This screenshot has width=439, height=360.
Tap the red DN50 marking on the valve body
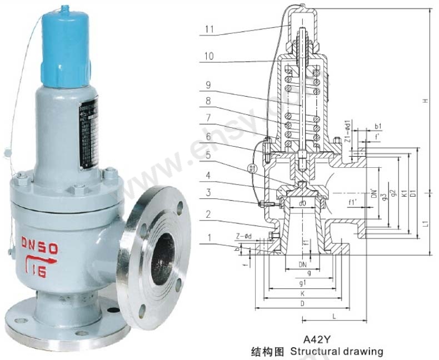[38, 243]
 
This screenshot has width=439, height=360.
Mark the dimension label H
[425, 101]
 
